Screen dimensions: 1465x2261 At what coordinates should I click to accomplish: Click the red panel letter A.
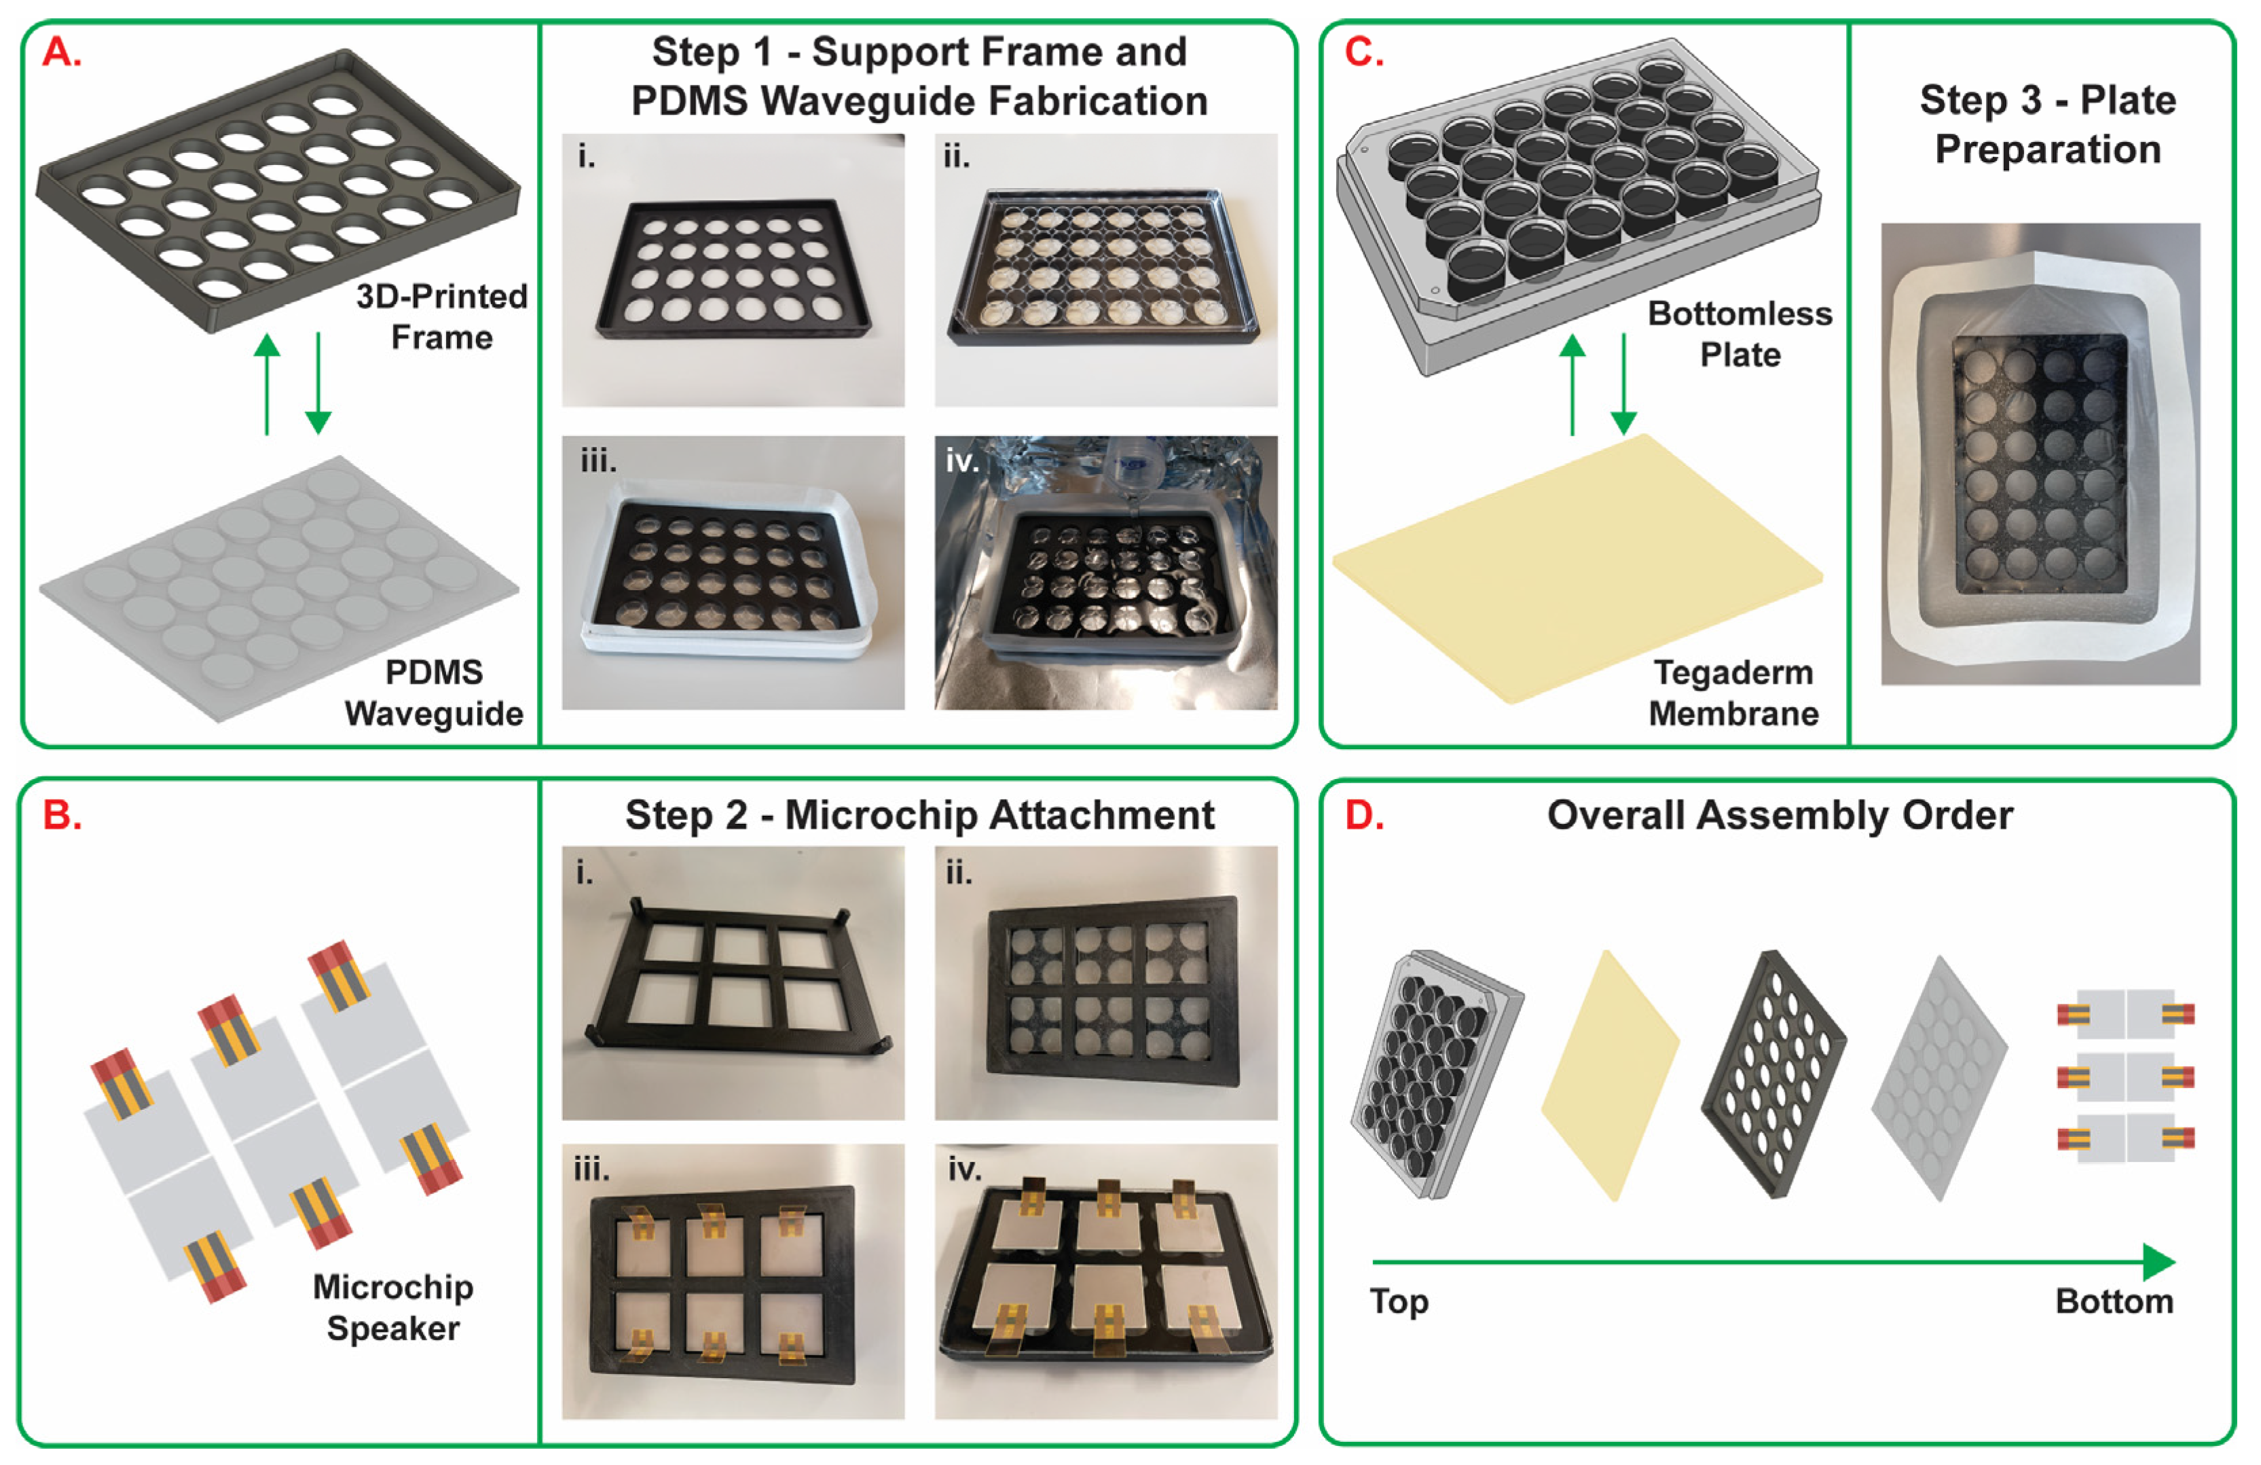(62, 52)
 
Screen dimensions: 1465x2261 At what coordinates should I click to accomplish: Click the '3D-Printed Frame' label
(442, 316)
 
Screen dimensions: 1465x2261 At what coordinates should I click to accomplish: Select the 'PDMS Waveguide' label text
(434, 693)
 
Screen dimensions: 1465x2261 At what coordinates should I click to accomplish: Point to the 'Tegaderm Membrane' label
(1733, 693)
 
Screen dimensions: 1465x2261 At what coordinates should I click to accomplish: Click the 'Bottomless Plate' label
(1740, 333)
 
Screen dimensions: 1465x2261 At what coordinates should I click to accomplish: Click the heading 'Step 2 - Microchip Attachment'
(919, 815)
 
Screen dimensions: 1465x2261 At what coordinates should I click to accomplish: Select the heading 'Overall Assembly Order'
(1780, 815)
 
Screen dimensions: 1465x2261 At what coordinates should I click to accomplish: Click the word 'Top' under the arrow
(1399, 1301)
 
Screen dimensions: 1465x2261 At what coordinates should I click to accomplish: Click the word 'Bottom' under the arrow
(2114, 1301)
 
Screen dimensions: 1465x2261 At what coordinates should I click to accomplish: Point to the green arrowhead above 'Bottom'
(2158, 1262)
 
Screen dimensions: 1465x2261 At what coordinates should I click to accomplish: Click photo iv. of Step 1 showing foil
(1106, 573)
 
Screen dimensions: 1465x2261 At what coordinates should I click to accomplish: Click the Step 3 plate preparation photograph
(2040, 454)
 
